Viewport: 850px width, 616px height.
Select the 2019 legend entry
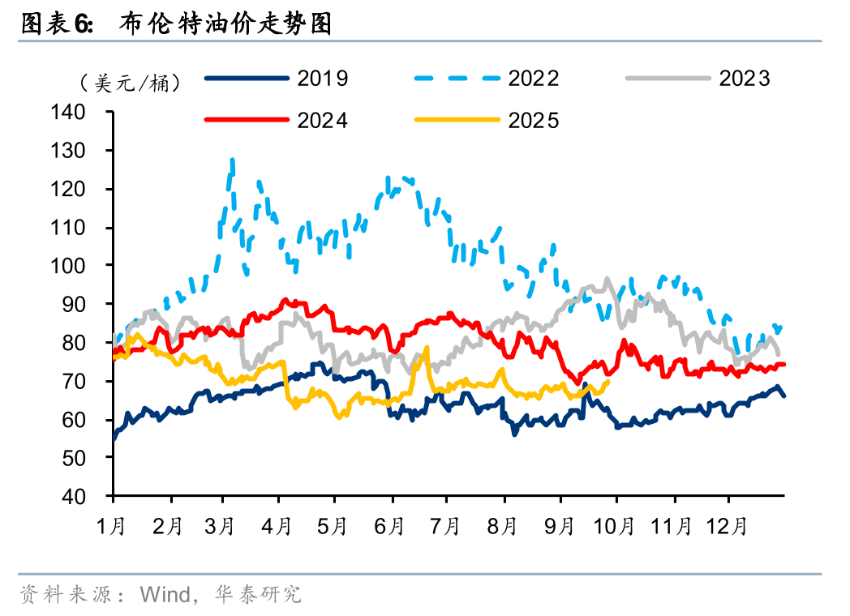tap(277, 79)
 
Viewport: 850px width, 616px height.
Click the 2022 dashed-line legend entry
tap(487, 79)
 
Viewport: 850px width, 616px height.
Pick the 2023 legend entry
tap(698, 79)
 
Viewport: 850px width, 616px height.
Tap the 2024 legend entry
tap(277, 120)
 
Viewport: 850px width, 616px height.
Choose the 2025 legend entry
tap(487, 120)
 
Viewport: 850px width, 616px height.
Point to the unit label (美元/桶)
tap(131, 83)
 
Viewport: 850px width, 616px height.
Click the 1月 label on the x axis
tap(112, 526)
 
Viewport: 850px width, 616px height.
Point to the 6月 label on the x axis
tap(391, 526)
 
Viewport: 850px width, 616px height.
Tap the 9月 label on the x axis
tap(559, 526)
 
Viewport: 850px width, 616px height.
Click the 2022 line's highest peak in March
tap(233, 160)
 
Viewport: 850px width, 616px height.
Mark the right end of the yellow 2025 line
tap(608, 381)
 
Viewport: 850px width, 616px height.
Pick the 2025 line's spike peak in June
tap(427, 348)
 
